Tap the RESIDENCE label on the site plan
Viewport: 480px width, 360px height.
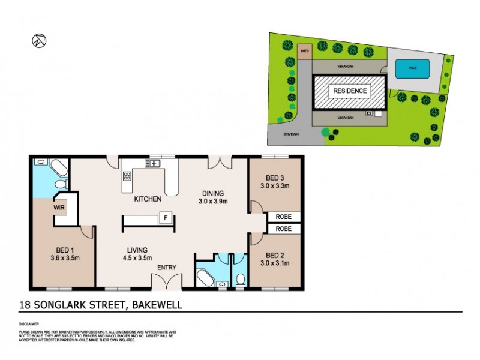point(350,91)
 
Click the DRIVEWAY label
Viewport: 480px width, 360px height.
point(292,133)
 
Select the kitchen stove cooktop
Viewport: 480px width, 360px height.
point(127,176)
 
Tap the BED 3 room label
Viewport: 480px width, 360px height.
point(276,178)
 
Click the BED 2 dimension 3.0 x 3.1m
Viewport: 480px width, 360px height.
point(276,262)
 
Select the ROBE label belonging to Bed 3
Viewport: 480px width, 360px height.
point(283,217)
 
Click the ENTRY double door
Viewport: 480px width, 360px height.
point(166,281)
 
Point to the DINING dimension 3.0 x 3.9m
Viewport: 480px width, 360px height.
point(212,202)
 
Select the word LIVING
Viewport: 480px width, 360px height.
point(137,251)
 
